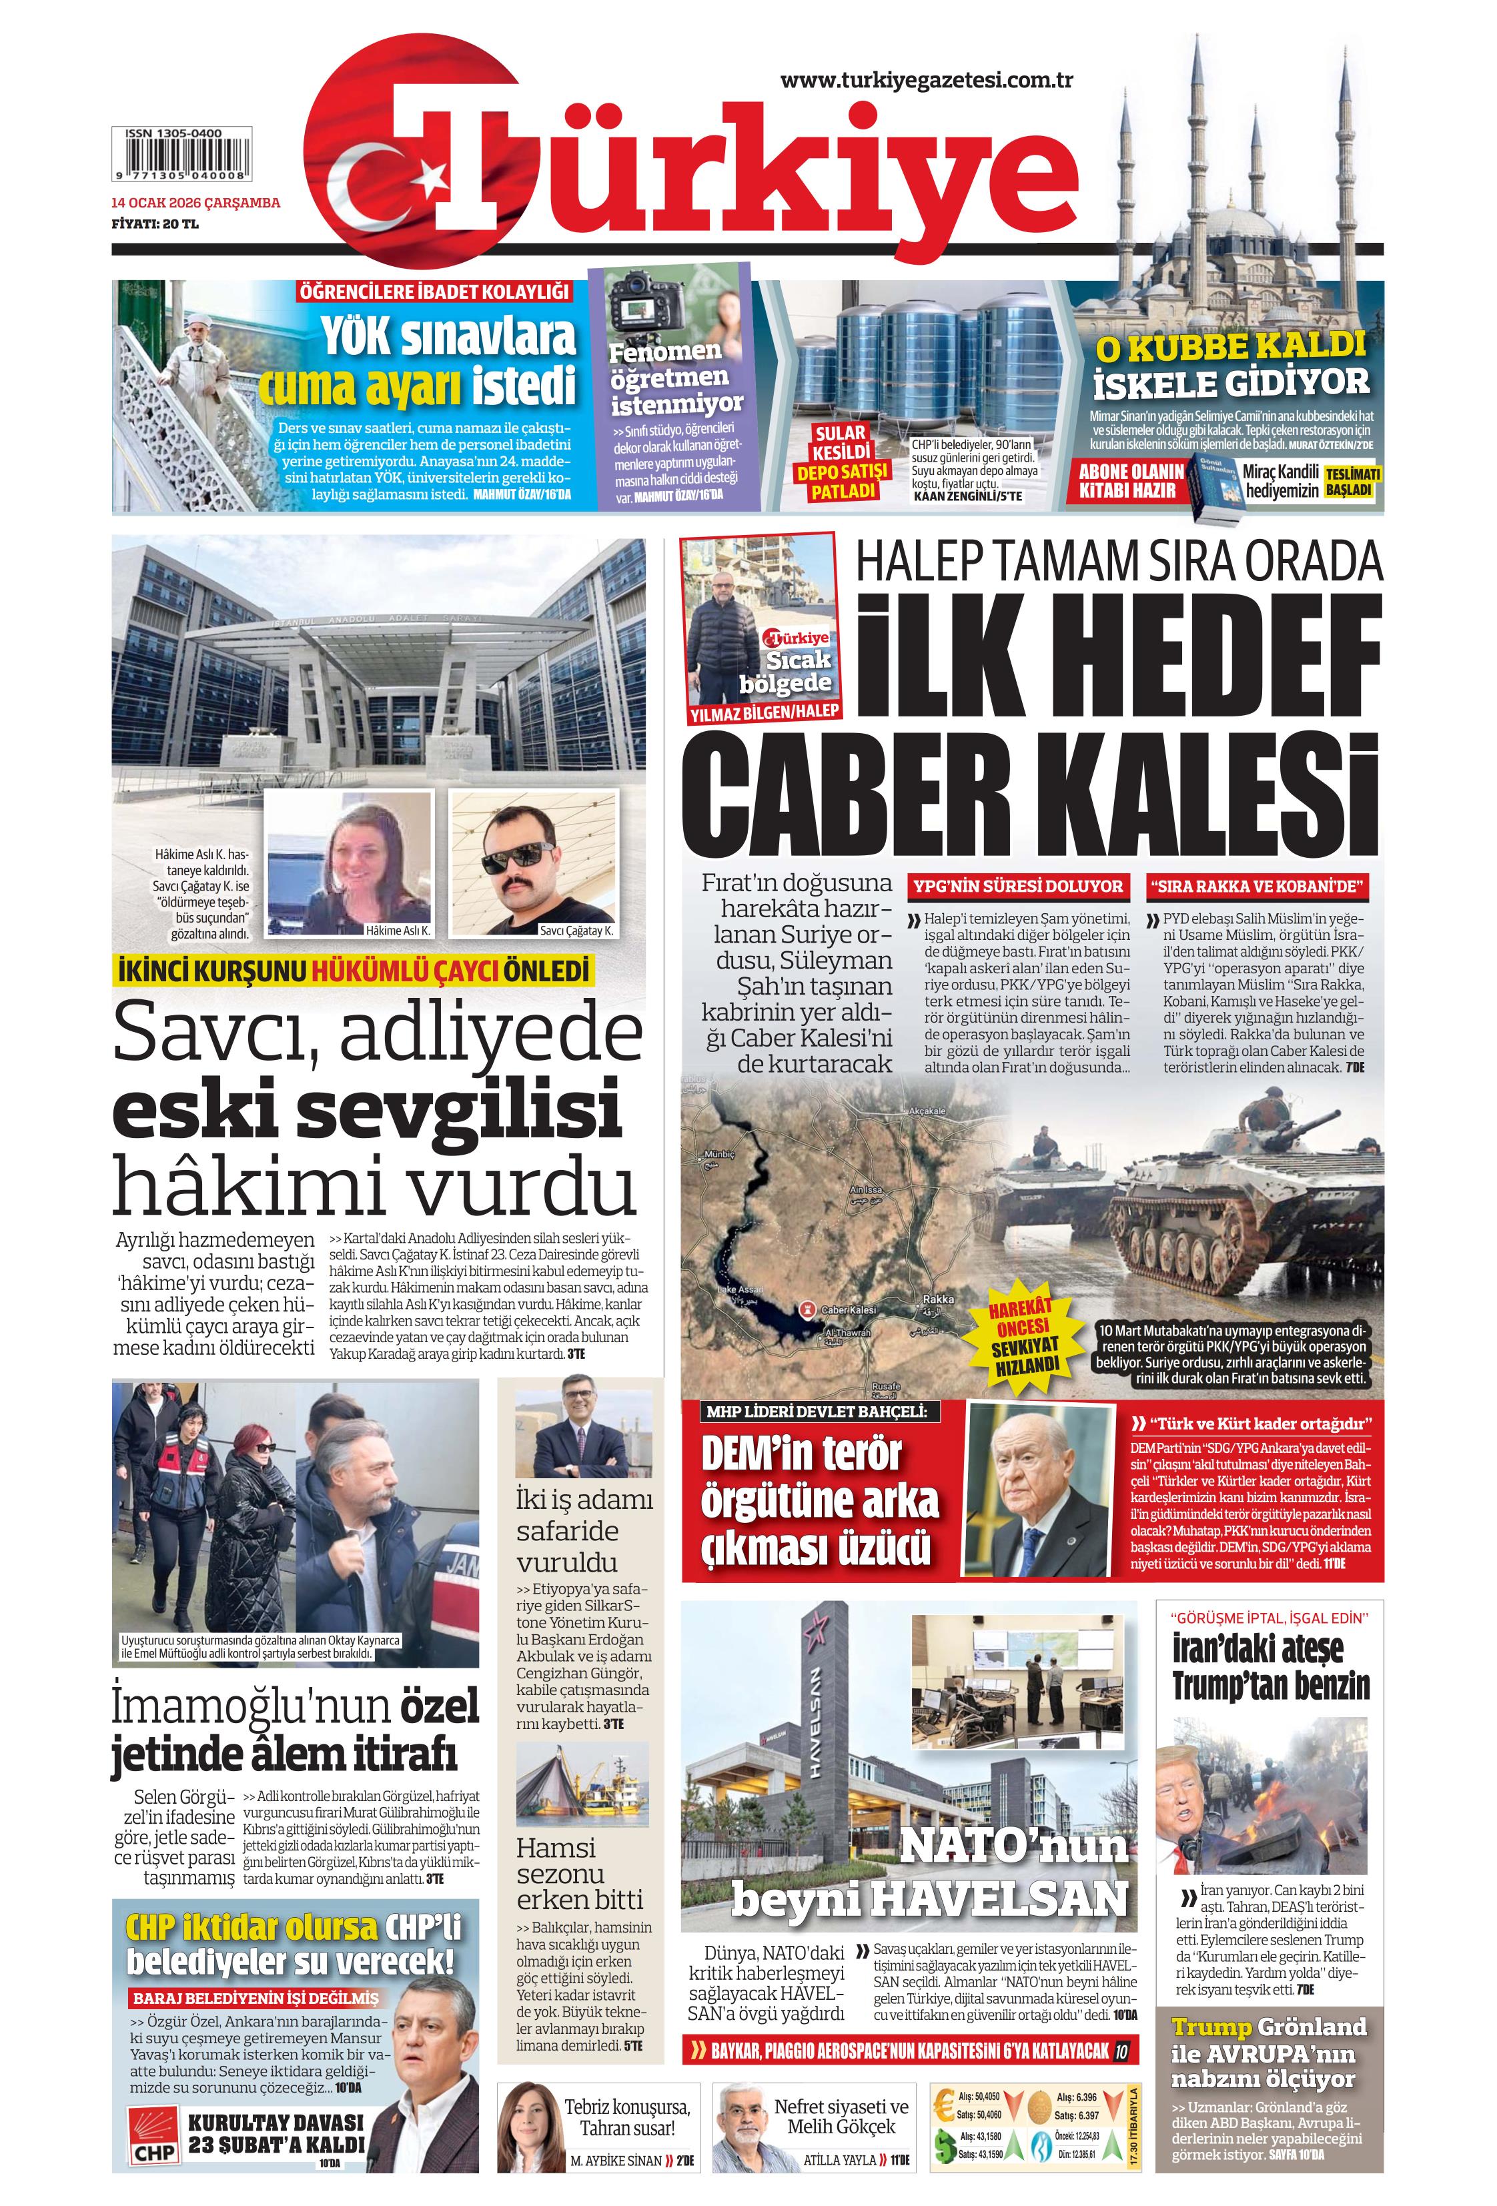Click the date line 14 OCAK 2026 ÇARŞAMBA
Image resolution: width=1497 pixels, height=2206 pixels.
(195, 202)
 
